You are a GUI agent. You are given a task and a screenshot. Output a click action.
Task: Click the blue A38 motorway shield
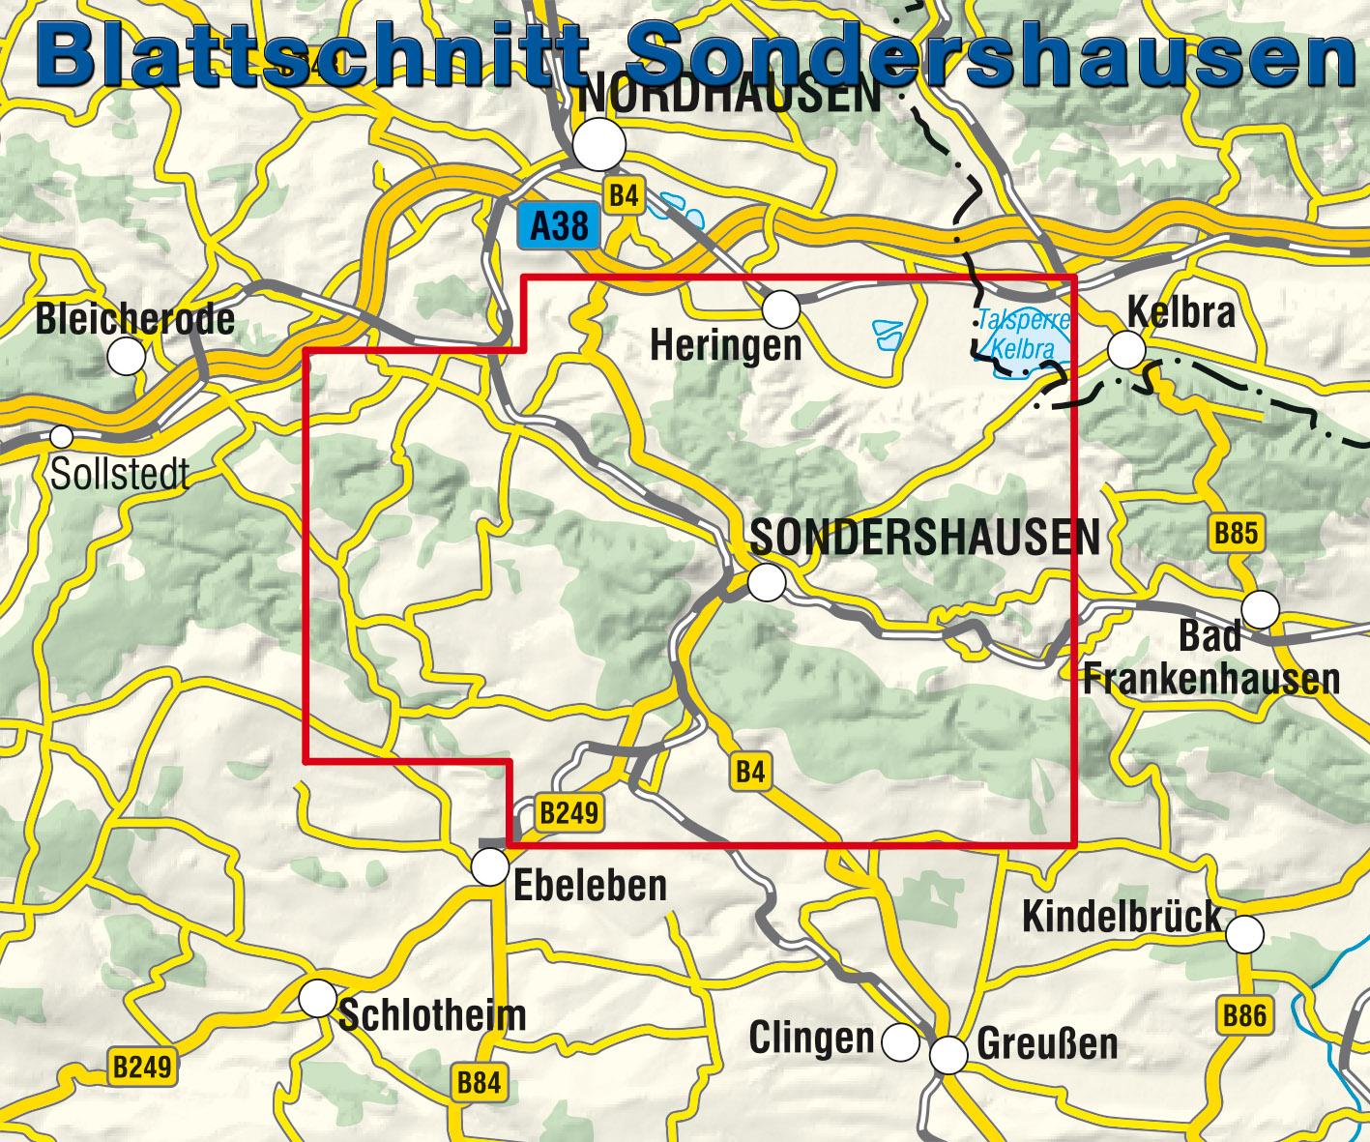coord(559,227)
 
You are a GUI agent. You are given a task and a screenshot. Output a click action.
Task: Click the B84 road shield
coord(480,1083)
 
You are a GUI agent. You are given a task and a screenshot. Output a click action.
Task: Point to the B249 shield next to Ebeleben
coord(569,813)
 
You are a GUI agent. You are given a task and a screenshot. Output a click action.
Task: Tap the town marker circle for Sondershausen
coord(767,582)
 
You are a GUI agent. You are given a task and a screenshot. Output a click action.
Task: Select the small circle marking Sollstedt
coord(62,437)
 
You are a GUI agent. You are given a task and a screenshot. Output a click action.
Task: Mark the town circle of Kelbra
coord(1126,349)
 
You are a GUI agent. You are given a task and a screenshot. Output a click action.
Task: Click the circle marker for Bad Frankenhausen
coord(1261,610)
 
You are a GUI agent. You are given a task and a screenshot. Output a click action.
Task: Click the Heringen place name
coord(726,345)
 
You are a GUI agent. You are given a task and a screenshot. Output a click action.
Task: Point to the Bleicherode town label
coord(134,320)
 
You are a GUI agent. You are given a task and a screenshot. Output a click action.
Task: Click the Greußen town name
coord(1047,1044)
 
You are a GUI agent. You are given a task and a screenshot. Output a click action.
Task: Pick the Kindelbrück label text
coord(1122,917)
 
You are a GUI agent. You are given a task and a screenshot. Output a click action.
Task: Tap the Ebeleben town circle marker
coord(491,867)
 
